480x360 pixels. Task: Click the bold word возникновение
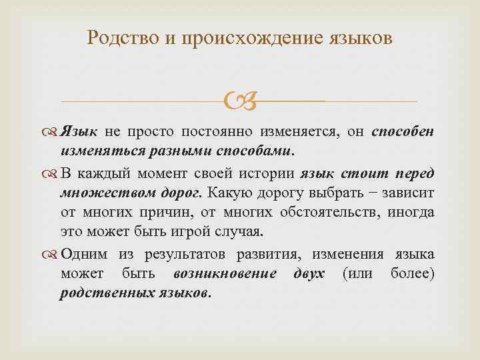[219, 274]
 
